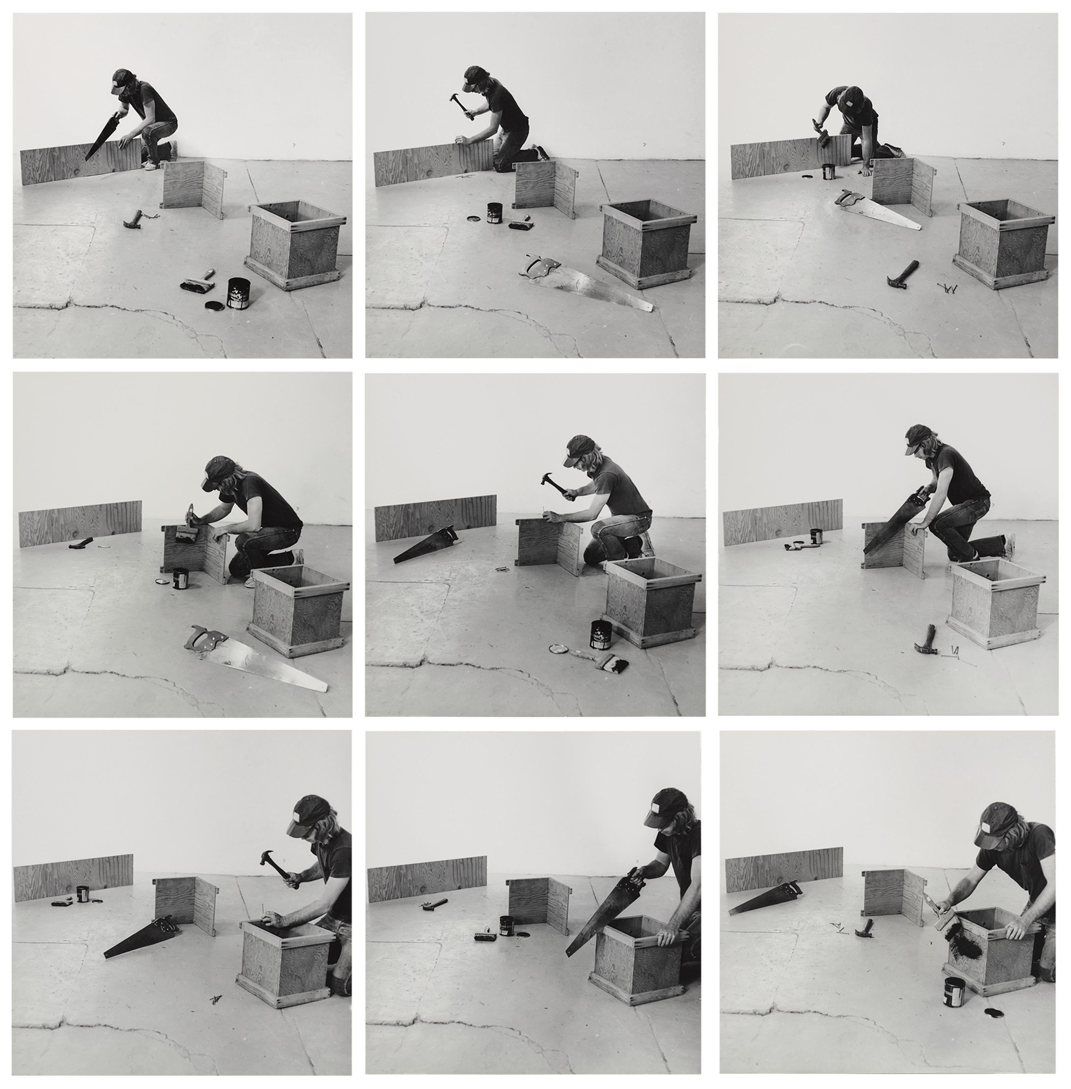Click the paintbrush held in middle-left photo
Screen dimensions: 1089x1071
point(186,530)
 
